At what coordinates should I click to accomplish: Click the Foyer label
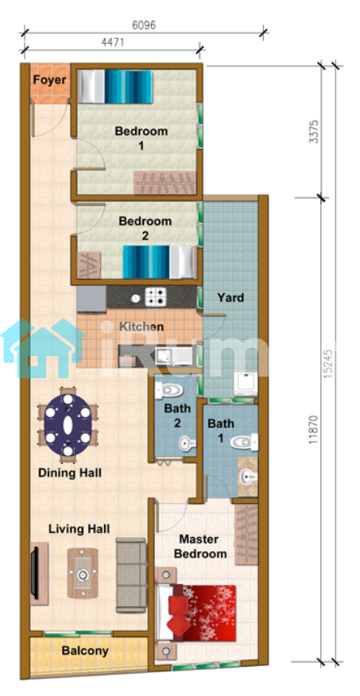coord(50,80)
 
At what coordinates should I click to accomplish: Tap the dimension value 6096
coord(145,25)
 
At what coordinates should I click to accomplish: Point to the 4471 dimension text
coord(112,43)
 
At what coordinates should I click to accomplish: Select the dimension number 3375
coord(315,131)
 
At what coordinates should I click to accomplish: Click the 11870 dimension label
coord(314,430)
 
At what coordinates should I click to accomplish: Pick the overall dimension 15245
coord(328,362)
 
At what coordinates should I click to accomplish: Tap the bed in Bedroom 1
coord(115,86)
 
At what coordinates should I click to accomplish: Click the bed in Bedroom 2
coord(160,262)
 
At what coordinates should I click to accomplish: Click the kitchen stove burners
coord(156,297)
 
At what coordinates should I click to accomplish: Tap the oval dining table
coord(68,425)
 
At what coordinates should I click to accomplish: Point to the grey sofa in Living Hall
coord(131,575)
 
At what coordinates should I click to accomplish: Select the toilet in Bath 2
coord(168,391)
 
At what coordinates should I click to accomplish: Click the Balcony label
coord(85,652)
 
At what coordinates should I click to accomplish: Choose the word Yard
coord(230,297)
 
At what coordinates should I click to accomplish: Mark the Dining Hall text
coord(70,472)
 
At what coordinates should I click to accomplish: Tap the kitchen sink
coord(174,355)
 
